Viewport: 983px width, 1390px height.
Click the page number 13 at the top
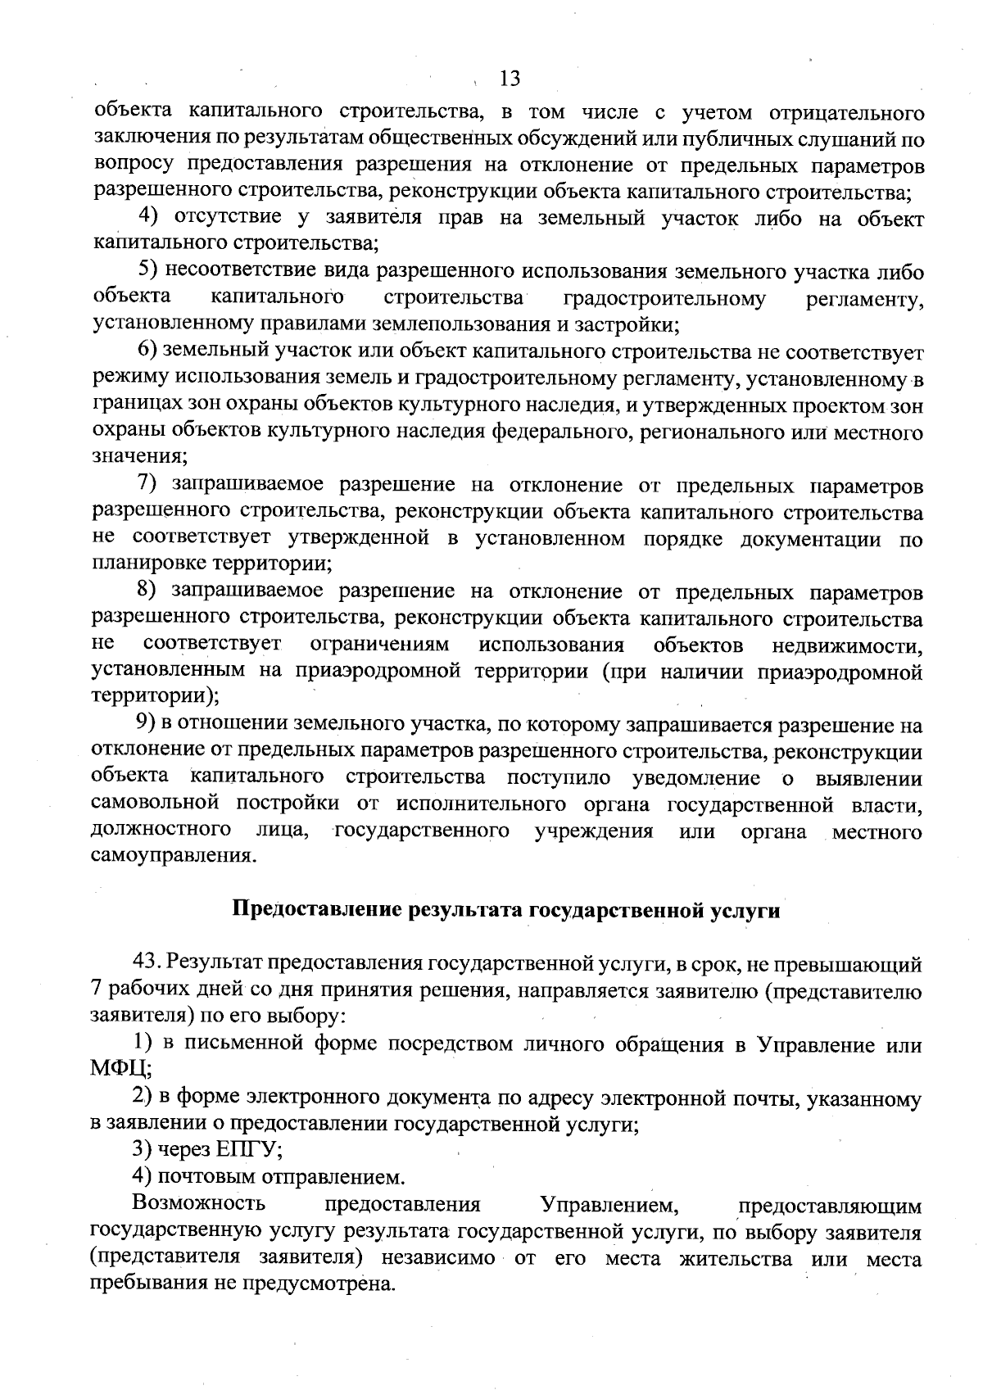[510, 78]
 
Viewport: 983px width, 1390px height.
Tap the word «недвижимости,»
[848, 645]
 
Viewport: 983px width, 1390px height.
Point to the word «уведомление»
[700, 777]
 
